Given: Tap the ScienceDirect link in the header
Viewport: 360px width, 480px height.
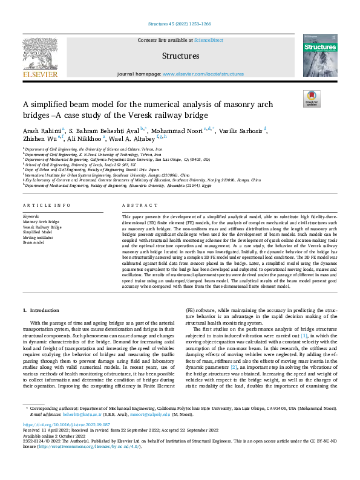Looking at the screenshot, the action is point(208,40).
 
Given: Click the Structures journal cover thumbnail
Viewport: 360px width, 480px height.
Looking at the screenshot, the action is point(320,56).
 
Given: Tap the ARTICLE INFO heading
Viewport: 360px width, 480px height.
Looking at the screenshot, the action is point(46,206).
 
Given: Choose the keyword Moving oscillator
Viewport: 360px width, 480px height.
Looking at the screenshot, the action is point(38,236).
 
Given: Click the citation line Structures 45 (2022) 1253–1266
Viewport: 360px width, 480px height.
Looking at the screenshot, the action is point(180,24).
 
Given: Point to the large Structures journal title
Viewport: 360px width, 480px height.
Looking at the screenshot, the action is point(180,56).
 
